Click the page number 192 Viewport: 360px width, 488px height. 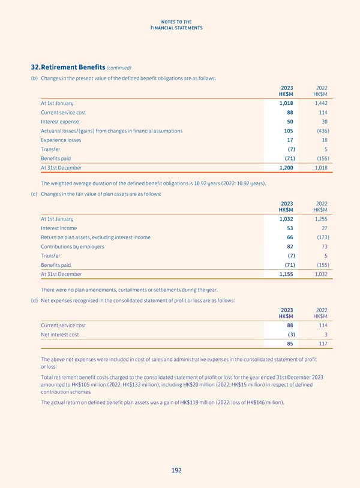[175, 471]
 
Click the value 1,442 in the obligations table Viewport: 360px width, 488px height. [320, 103]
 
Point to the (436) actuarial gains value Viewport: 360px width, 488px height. [320, 131]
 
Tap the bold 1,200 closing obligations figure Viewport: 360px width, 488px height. [286, 168]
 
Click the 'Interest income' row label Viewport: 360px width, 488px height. [59, 228]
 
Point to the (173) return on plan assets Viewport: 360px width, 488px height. [320, 237]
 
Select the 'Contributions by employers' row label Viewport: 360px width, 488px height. [72, 246]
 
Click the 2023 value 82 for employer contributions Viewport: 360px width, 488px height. [289, 246]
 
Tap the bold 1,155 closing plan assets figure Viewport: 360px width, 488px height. [286, 274]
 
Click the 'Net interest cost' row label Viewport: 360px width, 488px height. [59, 335]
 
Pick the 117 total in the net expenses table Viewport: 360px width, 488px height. [322, 344]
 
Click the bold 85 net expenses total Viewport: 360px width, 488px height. [289, 344]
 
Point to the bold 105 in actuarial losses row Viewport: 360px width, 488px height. [288, 131]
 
